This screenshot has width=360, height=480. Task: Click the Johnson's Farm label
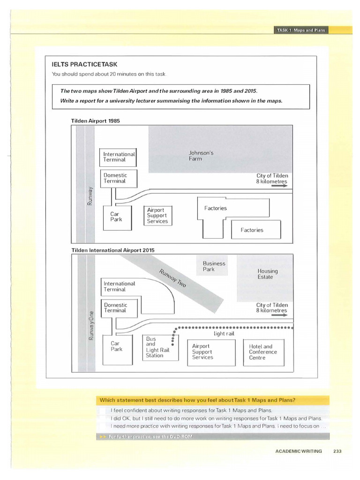(201, 156)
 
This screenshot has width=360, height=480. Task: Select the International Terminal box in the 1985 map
(119, 157)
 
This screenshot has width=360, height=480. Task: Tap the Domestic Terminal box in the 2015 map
(115, 307)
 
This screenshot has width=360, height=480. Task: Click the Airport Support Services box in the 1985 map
(157, 216)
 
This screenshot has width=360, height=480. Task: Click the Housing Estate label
(267, 274)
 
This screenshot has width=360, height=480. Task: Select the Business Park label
(214, 266)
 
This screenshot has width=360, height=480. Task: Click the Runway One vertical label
(91, 324)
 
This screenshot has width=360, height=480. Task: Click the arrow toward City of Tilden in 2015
(278, 315)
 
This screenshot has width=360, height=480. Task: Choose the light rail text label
(223, 334)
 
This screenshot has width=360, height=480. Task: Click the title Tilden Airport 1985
(95, 121)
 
